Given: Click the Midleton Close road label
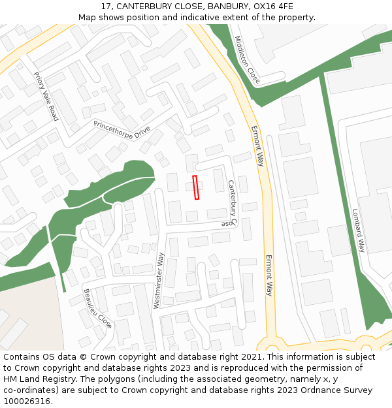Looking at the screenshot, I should pyautogui.click(x=248, y=59).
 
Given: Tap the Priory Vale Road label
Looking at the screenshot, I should pyautogui.click(x=46, y=97).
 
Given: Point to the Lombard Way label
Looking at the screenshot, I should pyautogui.click(x=359, y=230).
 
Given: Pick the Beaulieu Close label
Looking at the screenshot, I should pyautogui.click(x=97, y=308).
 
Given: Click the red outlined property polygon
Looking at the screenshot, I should pyautogui.click(x=196, y=187).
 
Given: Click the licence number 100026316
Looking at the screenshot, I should pyautogui.click(x=27, y=401).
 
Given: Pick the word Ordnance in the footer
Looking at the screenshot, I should pyautogui.click(x=308, y=390).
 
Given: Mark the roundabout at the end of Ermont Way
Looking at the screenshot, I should pyautogui.click(x=270, y=346).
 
